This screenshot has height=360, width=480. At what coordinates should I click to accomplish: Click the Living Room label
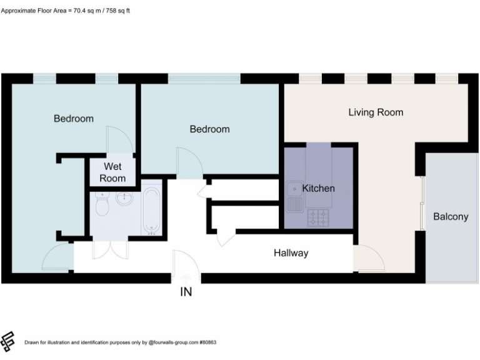[x=376, y=112]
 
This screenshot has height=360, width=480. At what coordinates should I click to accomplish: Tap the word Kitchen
[x=318, y=188]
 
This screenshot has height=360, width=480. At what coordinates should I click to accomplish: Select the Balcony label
[x=451, y=217]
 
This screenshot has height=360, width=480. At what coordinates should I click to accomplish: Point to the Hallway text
[x=291, y=253]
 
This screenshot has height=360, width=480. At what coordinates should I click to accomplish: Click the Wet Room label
[x=112, y=172]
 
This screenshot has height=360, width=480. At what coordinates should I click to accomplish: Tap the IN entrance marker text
[x=186, y=291]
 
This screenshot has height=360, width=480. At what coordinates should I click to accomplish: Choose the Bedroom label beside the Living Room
[x=209, y=129]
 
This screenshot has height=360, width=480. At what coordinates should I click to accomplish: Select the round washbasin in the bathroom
[x=125, y=199]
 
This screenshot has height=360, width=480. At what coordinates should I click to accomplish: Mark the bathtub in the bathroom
[x=150, y=209]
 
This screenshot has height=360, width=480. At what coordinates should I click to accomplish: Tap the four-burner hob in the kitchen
[x=317, y=217]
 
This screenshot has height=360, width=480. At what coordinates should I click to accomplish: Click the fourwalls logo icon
[x=8, y=341]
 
